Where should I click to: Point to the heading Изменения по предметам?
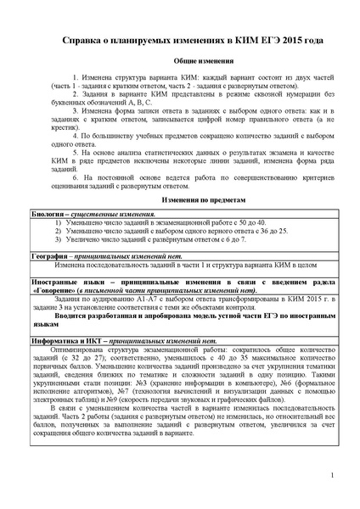pyautogui.click(x=179, y=197)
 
